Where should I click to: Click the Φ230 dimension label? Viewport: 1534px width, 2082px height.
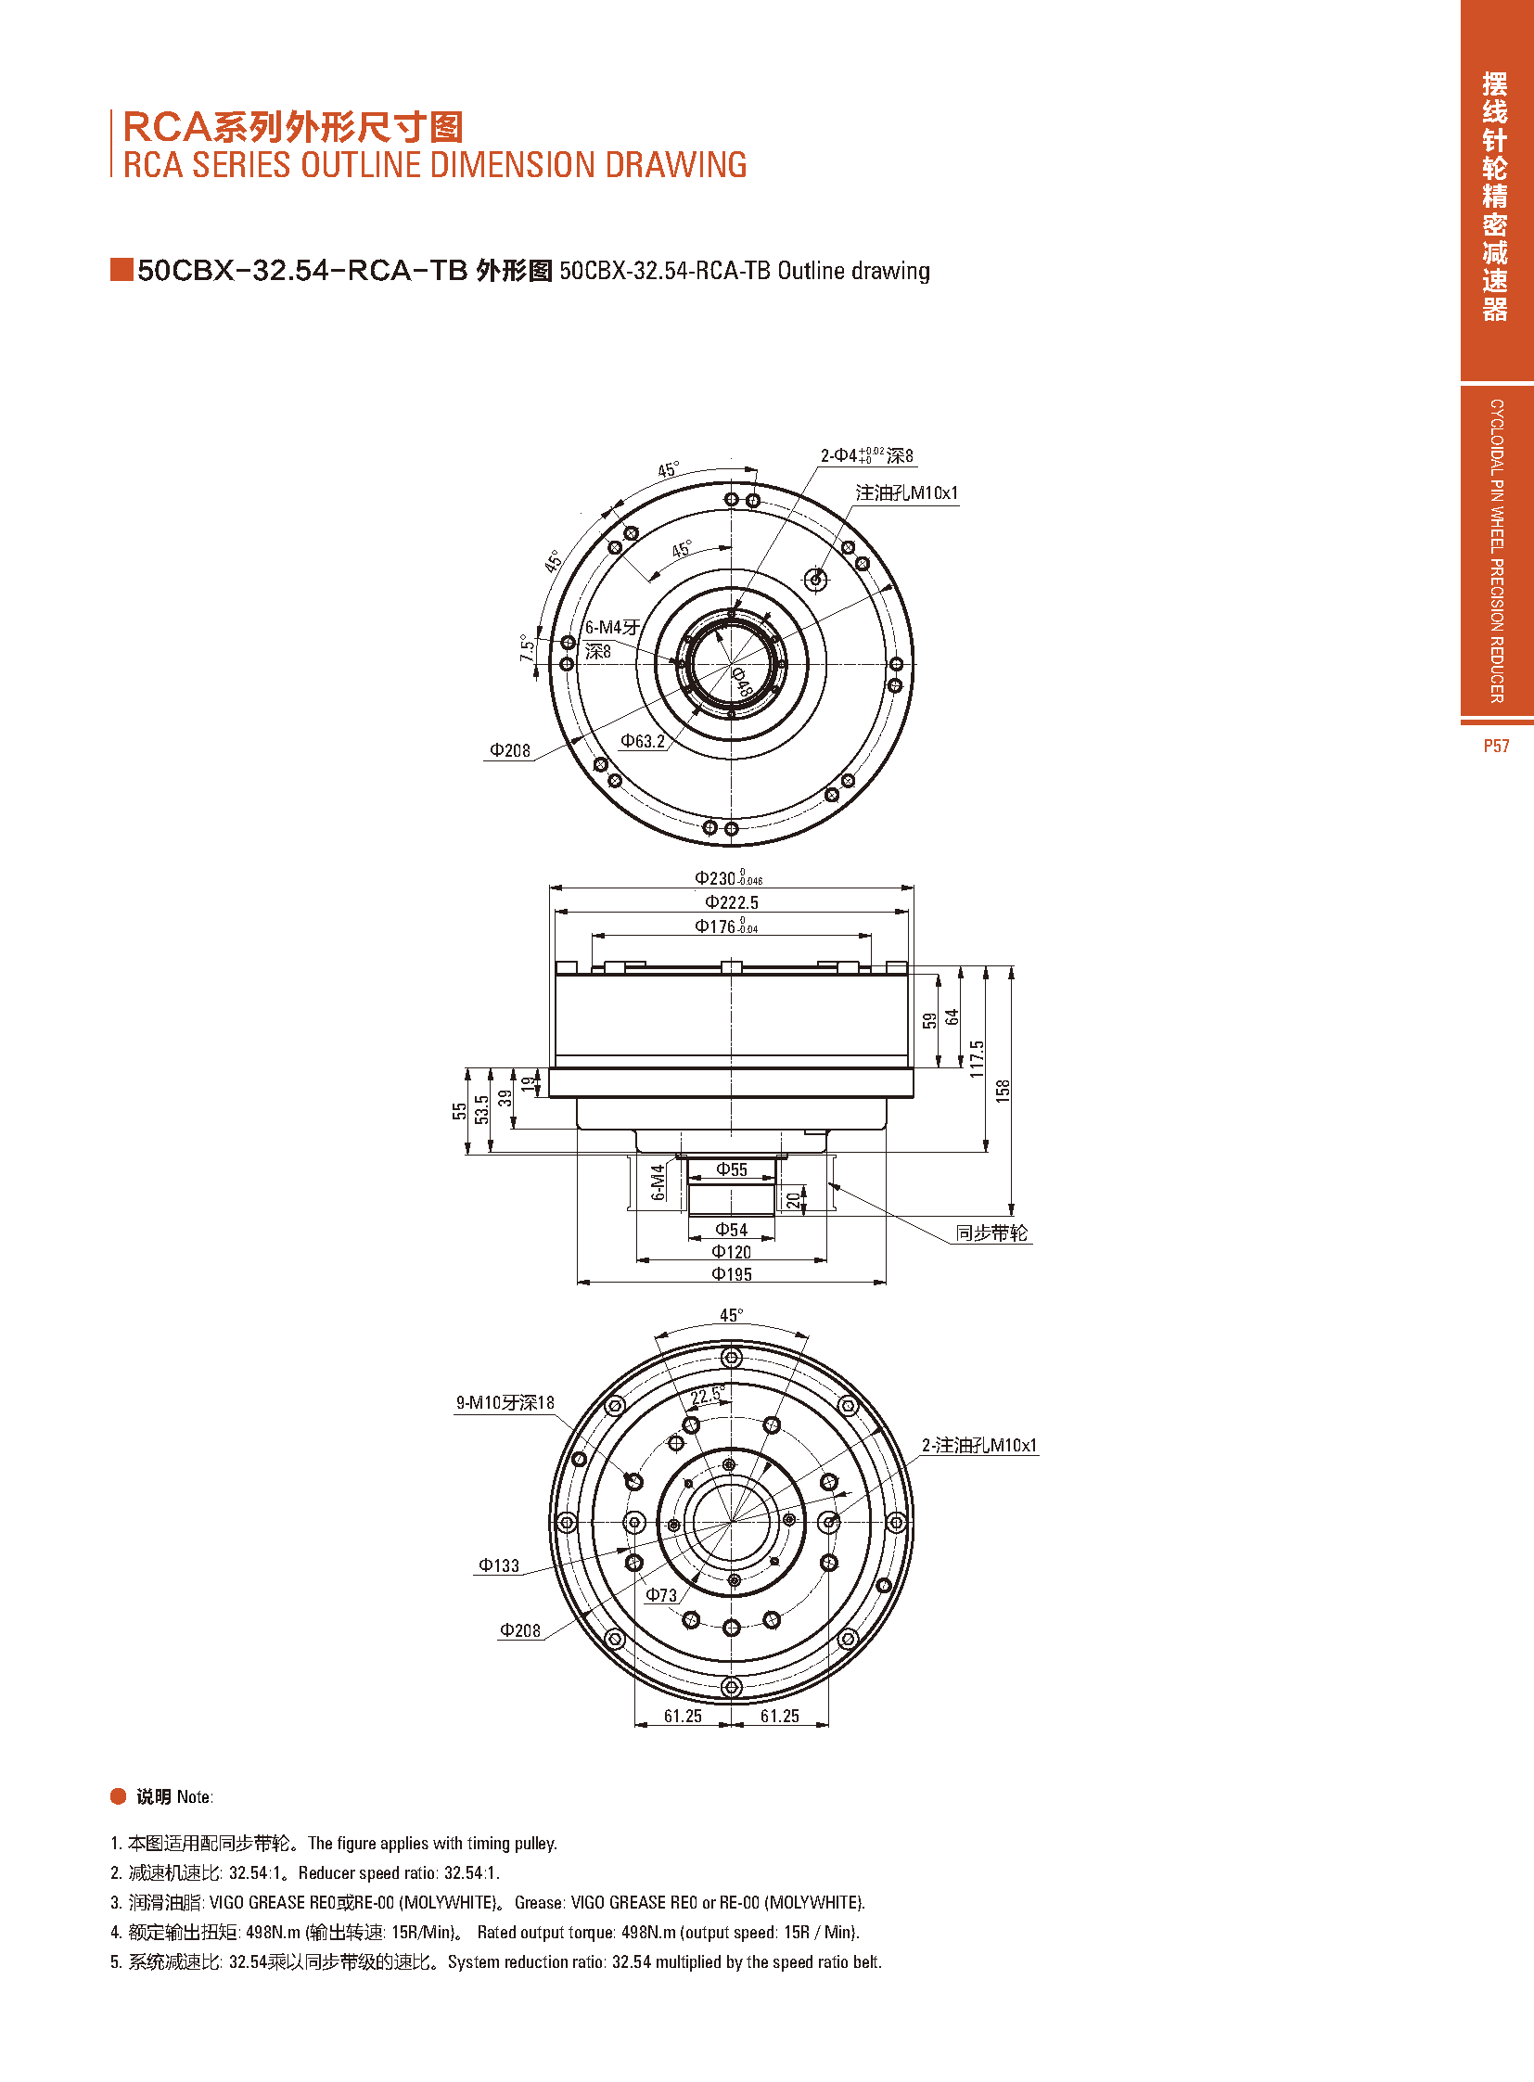729,878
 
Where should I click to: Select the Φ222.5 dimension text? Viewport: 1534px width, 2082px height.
732,902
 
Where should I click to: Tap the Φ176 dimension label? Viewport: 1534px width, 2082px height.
726,926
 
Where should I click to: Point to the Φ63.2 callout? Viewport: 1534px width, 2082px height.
643,741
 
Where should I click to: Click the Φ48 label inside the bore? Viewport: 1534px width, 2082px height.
741,681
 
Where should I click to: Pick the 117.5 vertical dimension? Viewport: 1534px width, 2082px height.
977,1059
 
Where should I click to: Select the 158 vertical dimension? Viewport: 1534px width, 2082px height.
1003,1091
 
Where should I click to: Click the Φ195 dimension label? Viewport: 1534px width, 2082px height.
732,1274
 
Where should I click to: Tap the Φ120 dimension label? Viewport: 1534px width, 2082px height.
732,1252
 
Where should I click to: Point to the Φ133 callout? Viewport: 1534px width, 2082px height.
499,1565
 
